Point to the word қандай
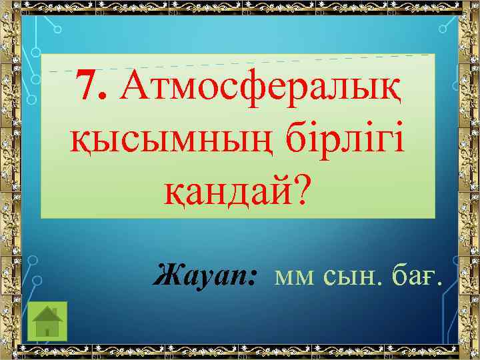[x=227, y=193]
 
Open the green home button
[x=47, y=320]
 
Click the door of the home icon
[x=47, y=329]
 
